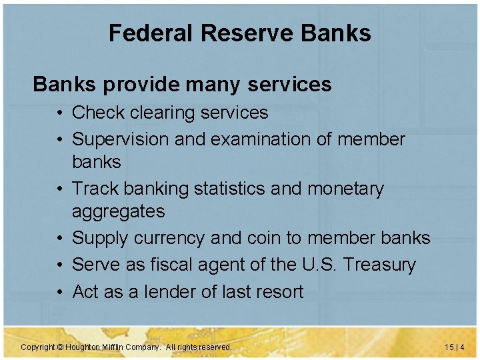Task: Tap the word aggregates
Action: pos(118,212)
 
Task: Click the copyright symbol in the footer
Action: pos(60,347)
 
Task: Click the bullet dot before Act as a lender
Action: pos(61,291)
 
